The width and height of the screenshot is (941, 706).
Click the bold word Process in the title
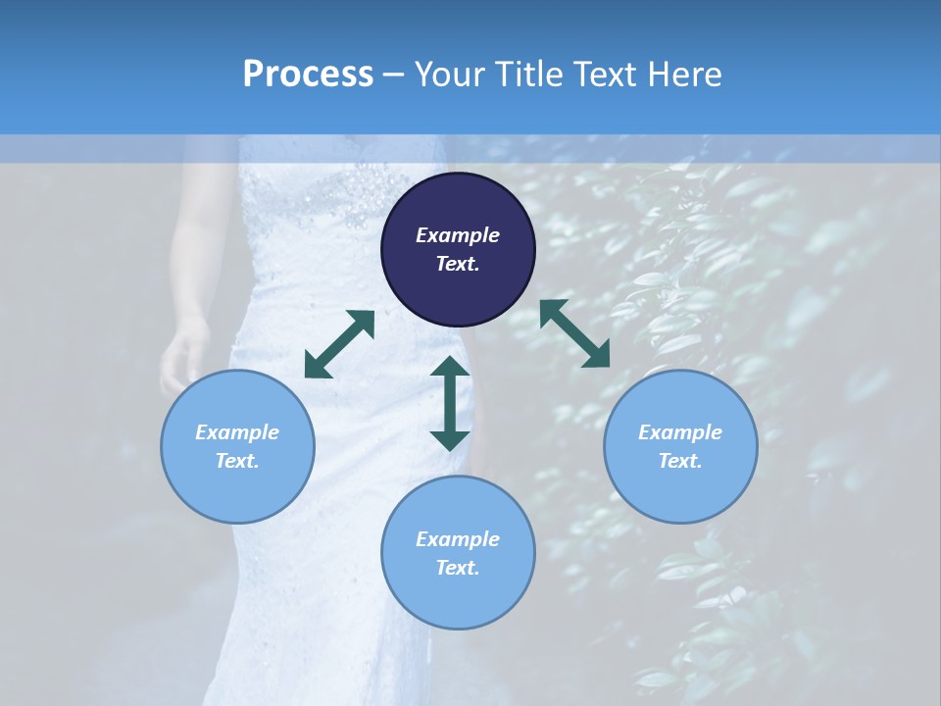tap(308, 75)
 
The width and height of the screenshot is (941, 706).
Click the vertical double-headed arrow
tap(450, 403)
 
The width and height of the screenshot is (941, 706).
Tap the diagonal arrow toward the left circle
tap(339, 344)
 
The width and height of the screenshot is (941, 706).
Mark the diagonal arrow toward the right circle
tap(574, 333)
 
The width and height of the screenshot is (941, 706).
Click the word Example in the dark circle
tap(458, 235)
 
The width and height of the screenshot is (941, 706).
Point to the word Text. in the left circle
tap(237, 461)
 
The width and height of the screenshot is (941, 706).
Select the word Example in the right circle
tap(680, 432)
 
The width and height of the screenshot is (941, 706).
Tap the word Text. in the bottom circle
tap(458, 568)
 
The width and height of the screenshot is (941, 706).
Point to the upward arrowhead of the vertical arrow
tap(450, 368)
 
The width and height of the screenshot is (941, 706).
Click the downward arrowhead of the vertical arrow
tap(450, 439)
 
